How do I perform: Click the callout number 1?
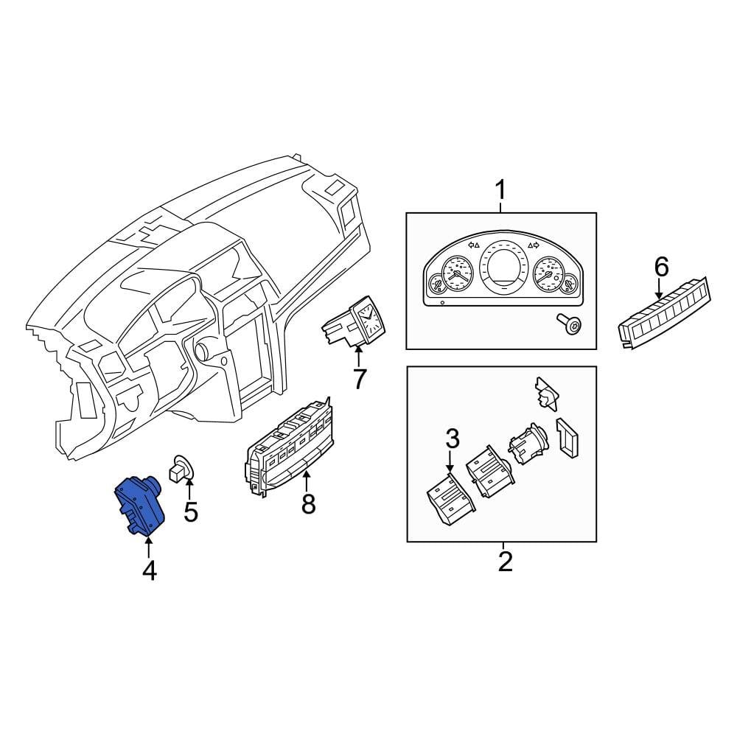coord(500,190)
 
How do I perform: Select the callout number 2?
coord(505,562)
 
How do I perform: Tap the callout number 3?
coord(452,439)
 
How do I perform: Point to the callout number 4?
coord(150,570)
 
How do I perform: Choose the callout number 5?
coord(190,511)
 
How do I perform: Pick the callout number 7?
coord(359,380)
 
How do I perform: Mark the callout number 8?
coord(308,504)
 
